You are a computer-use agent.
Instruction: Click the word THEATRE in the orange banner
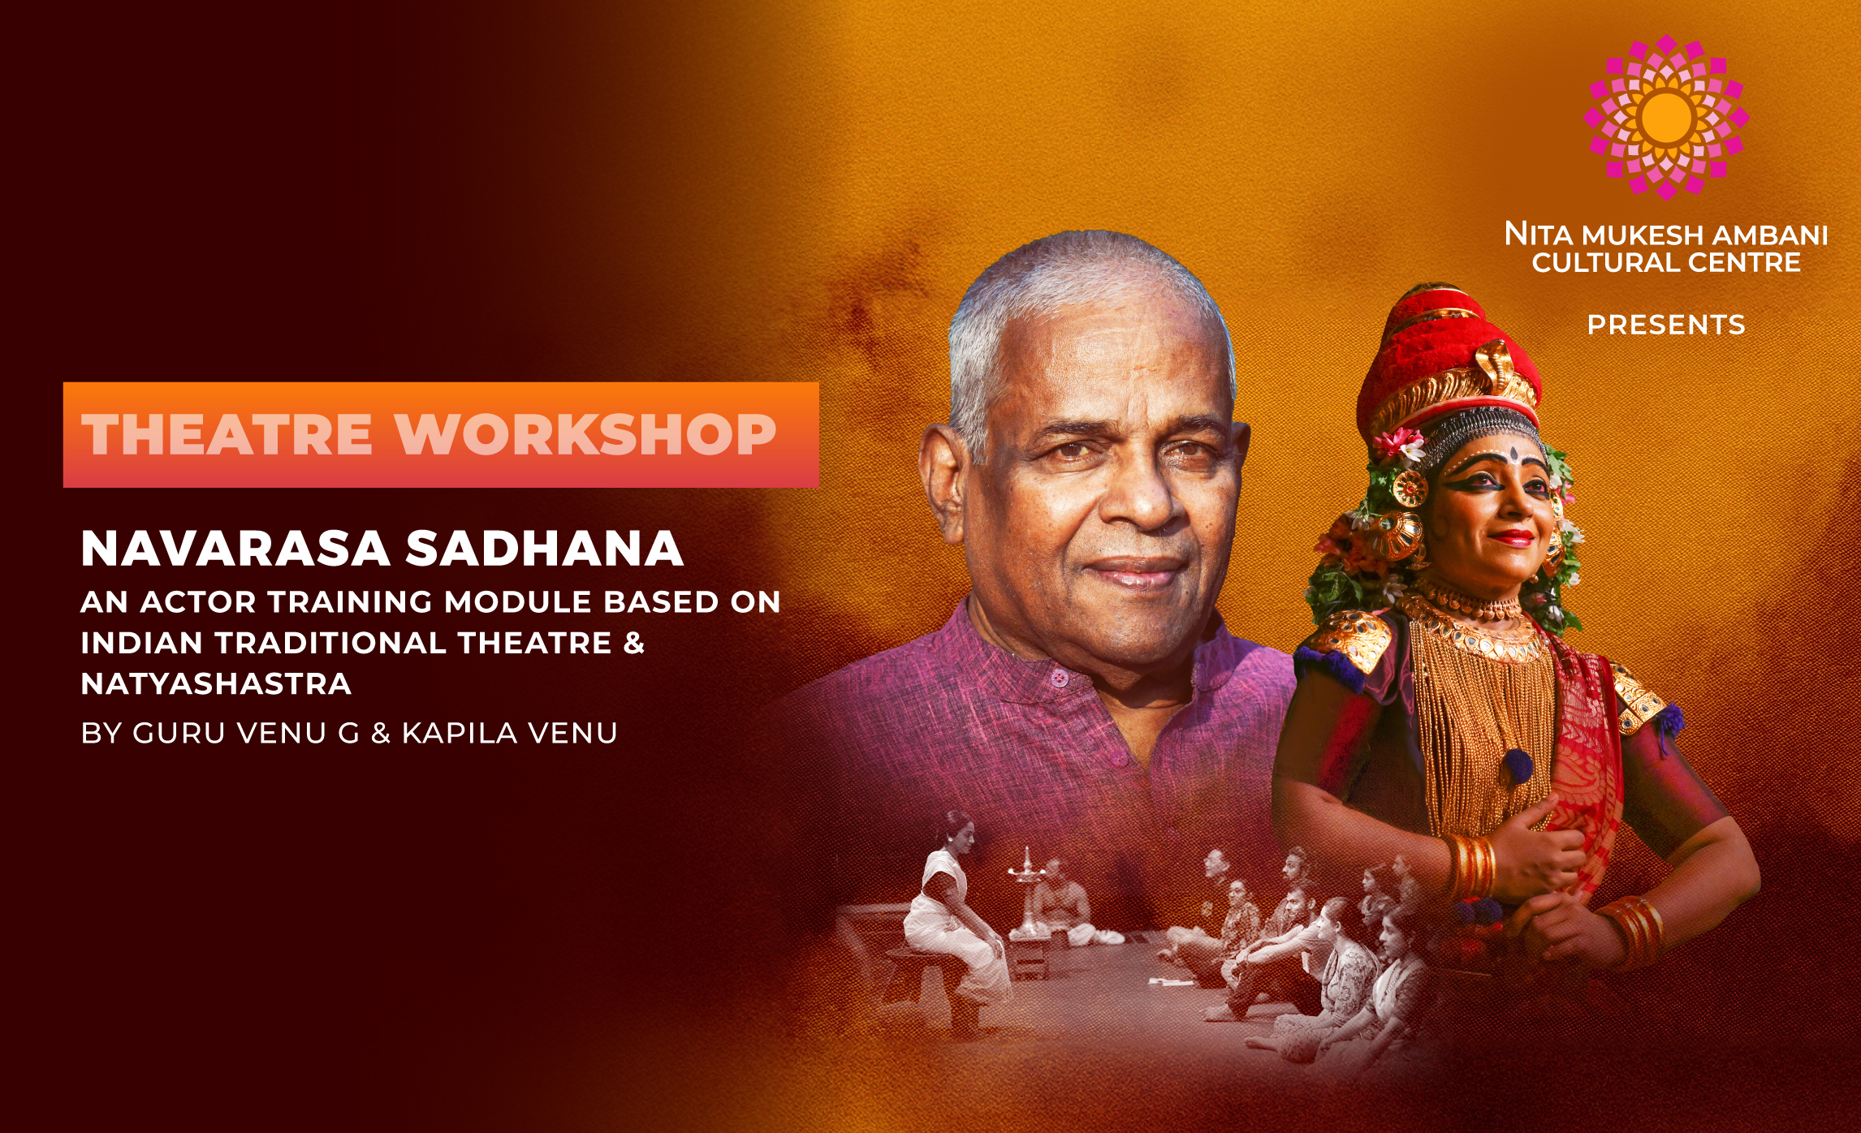pos(227,434)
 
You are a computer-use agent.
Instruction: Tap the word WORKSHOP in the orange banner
pos(585,434)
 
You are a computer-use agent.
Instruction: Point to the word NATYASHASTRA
pos(216,684)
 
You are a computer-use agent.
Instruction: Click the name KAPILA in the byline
pos(460,733)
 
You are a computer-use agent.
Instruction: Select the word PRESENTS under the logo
pos(1665,325)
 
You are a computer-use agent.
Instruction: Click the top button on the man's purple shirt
pos(1057,676)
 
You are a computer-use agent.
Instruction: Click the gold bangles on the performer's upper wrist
pos(1470,867)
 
